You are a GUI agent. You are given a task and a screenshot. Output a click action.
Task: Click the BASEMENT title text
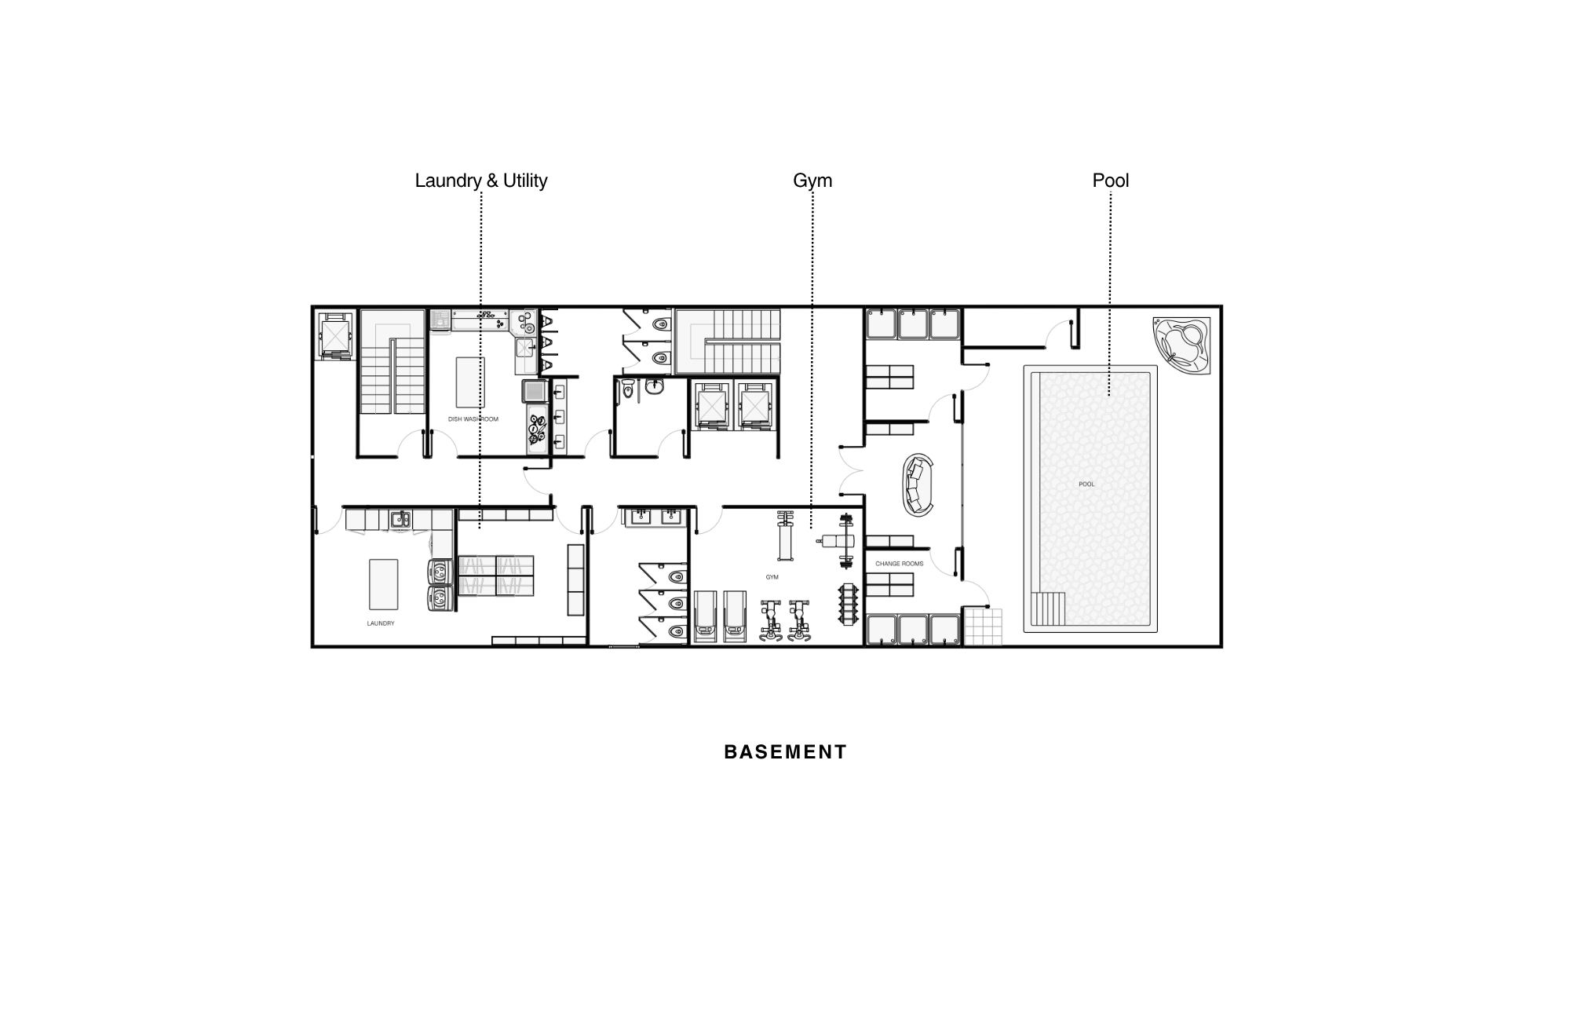point(785,752)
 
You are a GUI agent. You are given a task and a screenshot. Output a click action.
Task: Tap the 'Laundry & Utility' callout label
point(481,181)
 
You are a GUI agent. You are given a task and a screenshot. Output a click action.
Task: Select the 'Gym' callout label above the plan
point(812,181)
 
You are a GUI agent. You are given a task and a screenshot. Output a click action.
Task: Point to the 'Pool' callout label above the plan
point(1111,181)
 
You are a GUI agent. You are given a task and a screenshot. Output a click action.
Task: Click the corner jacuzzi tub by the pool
point(1183,346)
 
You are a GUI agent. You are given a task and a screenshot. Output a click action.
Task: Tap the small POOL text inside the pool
point(1086,484)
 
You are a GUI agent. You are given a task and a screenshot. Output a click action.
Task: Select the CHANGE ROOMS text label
point(900,564)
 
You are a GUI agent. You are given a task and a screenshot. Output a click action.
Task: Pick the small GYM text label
point(772,577)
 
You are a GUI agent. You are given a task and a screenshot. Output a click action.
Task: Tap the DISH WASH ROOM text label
point(473,419)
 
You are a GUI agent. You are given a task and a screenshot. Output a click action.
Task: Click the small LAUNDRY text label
point(381,623)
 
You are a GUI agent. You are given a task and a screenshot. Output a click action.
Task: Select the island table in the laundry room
point(384,584)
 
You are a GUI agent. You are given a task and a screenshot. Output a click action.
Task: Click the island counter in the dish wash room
point(470,382)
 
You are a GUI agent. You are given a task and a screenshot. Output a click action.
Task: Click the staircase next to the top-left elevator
point(392,361)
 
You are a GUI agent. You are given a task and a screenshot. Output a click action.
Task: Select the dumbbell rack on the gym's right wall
point(849,604)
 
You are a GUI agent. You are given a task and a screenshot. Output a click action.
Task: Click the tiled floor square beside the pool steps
point(983,626)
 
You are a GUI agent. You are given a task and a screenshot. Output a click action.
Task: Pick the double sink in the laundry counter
point(401,519)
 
